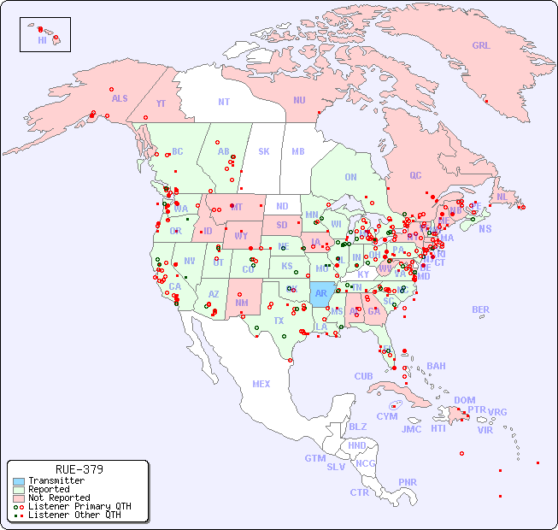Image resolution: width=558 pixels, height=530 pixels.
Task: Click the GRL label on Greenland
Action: coord(481,46)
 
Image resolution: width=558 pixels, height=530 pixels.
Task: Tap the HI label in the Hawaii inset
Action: coord(42,40)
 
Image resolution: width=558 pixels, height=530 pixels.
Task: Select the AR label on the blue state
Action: coord(321,293)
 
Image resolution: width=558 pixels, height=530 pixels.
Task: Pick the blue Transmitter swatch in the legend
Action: coord(18,481)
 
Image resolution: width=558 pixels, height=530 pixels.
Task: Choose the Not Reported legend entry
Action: coord(58,498)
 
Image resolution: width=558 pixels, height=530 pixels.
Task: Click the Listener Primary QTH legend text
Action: coord(79,506)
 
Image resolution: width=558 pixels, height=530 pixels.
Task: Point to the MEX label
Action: coord(261,384)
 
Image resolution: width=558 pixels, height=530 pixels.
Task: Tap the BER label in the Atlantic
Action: coord(480,310)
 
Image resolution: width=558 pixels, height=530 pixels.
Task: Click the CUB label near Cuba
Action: coord(363,376)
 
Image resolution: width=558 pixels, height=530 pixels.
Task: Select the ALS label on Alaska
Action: coord(120,98)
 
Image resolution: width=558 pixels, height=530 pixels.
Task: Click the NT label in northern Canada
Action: coord(224,102)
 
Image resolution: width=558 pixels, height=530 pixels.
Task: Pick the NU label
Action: coord(299,100)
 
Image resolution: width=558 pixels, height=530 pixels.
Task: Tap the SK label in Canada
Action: coord(264,151)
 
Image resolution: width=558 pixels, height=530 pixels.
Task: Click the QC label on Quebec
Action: coord(415,175)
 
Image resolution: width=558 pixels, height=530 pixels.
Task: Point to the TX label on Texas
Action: coord(279,321)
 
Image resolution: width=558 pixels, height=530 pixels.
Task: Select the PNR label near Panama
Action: coord(408,482)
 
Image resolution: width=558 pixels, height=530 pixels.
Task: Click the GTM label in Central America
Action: coord(315,458)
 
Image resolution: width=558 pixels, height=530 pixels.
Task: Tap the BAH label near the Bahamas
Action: coord(436,366)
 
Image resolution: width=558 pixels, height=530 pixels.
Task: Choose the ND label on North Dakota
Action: coord(282,206)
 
